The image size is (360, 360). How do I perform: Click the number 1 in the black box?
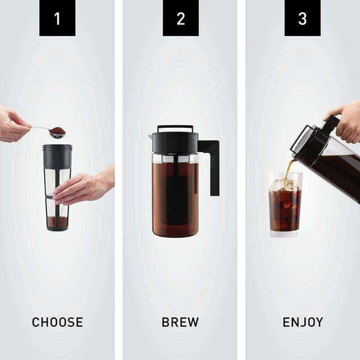(57, 18)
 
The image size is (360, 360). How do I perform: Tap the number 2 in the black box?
(180, 18)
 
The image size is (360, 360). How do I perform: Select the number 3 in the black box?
(302, 18)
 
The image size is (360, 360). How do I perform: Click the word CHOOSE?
(57, 322)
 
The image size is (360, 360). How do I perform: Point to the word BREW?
(180, 322)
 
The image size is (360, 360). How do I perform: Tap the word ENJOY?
(302, 322)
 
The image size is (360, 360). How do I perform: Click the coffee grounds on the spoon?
(57, 132)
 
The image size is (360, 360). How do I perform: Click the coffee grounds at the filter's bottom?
(57, 221)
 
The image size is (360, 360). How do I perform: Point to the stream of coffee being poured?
(289, 170)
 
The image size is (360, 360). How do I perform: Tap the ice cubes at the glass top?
(285, 184)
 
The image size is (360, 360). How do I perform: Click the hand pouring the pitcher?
(345, 121)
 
